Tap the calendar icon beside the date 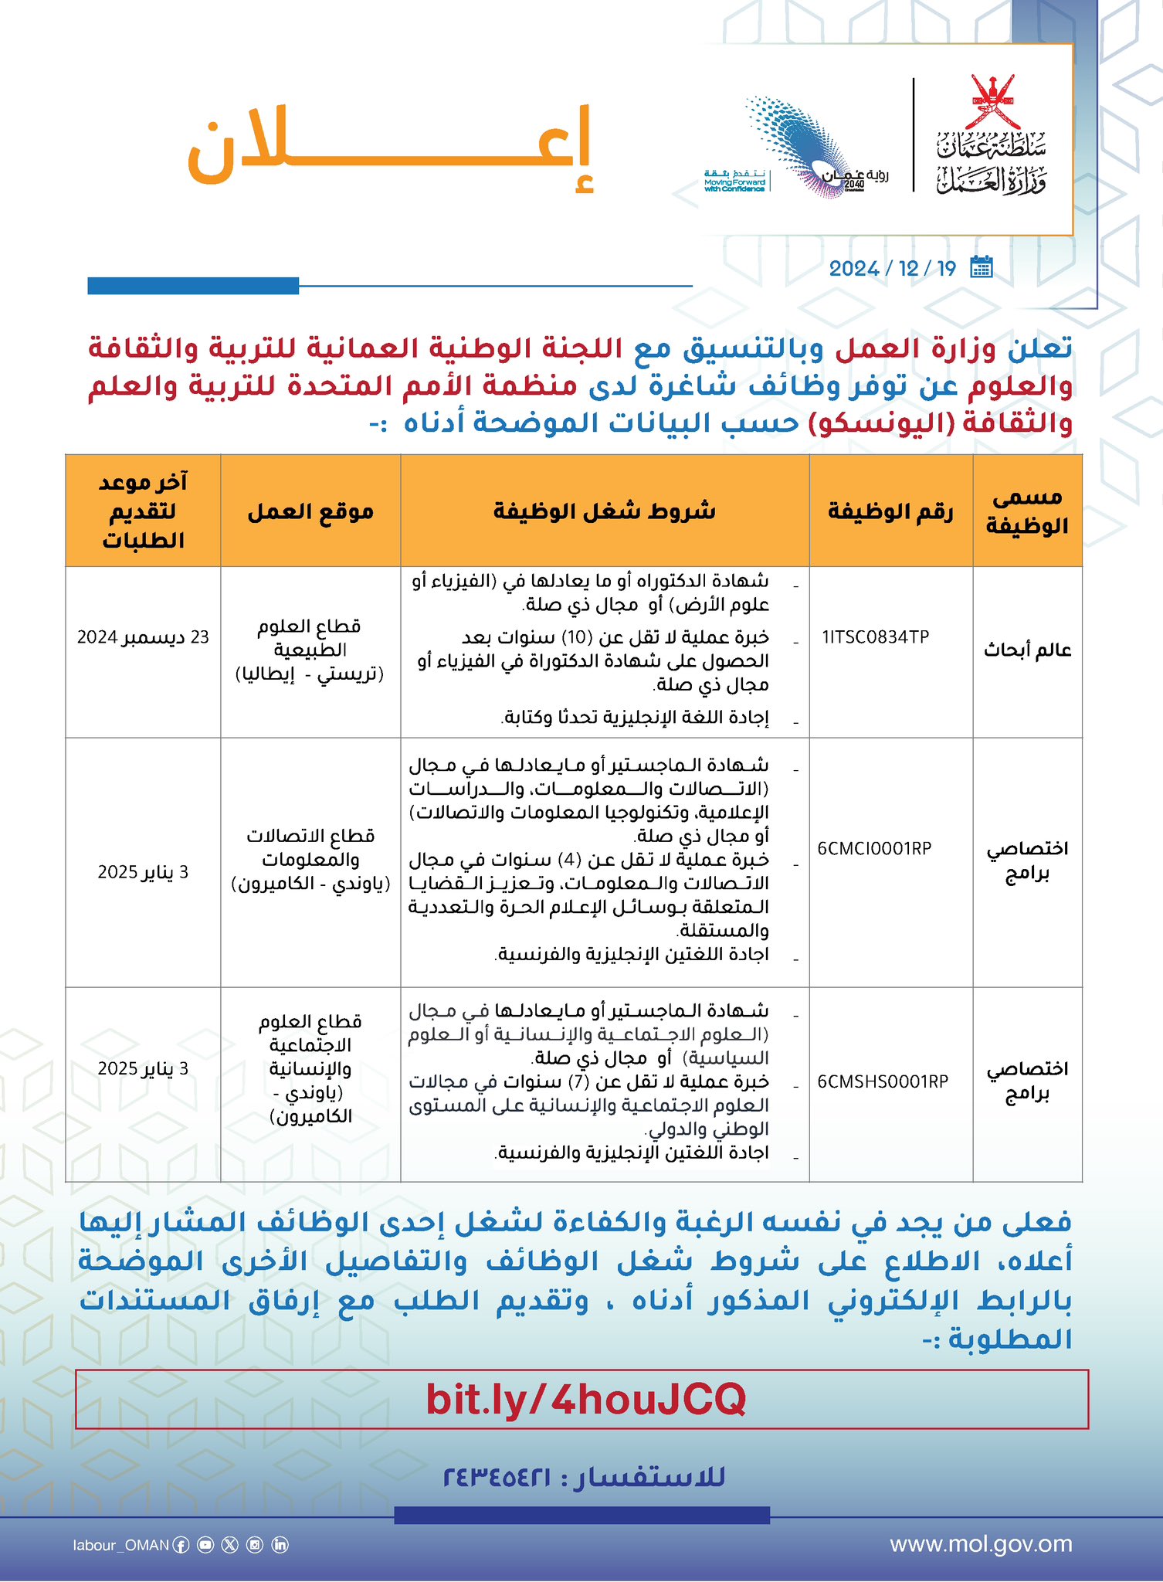coord(981,267)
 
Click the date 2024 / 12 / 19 coord(892,269)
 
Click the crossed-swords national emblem coord(992,100)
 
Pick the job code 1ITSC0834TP coord(876,637)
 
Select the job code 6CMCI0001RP coord(874,848)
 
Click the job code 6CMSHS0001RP coord(883,1081)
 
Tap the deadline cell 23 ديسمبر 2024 coord(143,637)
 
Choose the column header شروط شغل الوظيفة coord(605,511)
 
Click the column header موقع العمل coord(310,511)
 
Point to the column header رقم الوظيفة coord(890,511)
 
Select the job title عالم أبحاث coord(1027,650)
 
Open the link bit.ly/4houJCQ coord(585,1399)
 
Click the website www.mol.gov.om coord(981,1544)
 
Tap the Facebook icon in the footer coord(181,1545)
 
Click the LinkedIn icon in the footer coord(280,1545)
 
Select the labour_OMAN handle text coord(121,1545)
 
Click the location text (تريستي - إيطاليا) coord(310,674)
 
